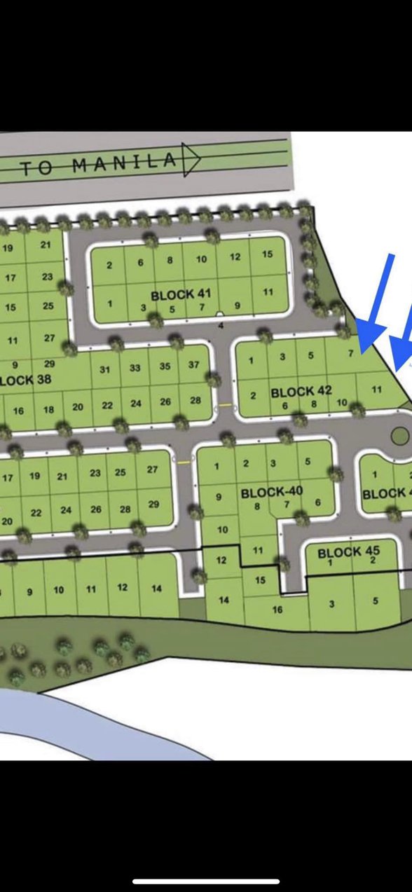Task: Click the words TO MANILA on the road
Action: (x=98, y=165)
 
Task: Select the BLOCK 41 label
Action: (x=181, y=295)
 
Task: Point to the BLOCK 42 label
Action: (x=301, y=391)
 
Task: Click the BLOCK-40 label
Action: (x=271, y=492)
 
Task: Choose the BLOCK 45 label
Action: (x=348, y=552)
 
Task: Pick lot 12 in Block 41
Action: (x=235, y=257)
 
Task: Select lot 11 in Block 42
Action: (x=377, y=388)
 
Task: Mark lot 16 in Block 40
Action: (x=277, y=610)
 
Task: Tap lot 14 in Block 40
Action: (x=224, y=600)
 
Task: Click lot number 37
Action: (x=194, y=365)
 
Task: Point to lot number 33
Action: (x=135, y=368)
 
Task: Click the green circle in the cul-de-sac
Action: (x=399, y=436)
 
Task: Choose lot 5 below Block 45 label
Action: (x=376, y=600)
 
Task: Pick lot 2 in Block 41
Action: (x=110, y=265)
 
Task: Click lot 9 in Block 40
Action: (x=219, y=497)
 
